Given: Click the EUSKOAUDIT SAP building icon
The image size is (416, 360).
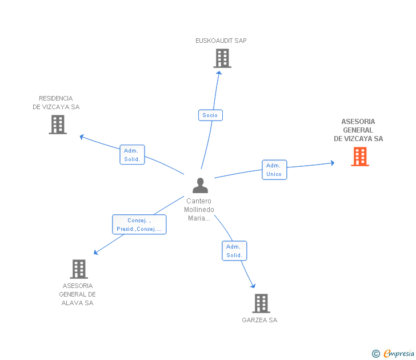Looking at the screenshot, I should [x=222, y=58].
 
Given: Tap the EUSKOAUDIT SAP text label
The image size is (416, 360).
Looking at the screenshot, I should [x=221, y=41].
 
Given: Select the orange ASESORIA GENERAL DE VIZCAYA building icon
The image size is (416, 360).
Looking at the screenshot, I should [x=359, y=157].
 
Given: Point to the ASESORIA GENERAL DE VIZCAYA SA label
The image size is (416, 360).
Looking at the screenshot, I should [x=358, y=130].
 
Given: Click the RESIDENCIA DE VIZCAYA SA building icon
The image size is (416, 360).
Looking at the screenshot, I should [x=58, y=125].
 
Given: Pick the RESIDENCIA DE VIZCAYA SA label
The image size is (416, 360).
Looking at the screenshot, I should [x=56, y=103].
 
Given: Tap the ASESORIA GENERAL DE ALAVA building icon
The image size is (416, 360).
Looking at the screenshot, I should [x=79, y=269].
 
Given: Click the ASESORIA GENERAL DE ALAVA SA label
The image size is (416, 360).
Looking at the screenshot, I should [x=77, y=294].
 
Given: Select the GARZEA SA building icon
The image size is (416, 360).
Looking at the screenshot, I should [x=261, y=303].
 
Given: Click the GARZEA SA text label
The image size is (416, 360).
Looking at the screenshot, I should [x=259, y=321].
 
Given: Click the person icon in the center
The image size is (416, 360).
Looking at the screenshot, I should [x=200, y=186].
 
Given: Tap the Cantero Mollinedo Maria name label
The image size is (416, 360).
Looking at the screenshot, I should [x=199, y=210].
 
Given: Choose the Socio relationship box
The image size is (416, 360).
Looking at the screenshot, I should [x=210, y=115].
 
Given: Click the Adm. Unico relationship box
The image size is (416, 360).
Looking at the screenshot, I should [x=274, y=170].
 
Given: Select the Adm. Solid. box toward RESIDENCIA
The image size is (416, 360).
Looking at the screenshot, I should [x=132, y=155].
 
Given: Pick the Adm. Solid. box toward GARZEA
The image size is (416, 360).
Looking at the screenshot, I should [x=234, y=251].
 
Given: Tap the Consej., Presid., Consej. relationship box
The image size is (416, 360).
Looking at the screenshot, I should [x=139, y=225].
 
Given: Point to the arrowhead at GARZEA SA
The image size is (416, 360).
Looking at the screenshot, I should [x=253, y=286].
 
